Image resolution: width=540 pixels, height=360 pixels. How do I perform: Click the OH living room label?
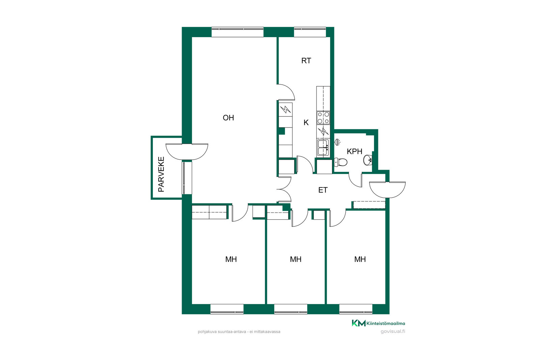[x=228, y=118]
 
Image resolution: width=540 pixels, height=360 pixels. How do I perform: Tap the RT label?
[x=306, y=61]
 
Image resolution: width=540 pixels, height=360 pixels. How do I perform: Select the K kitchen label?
[x=306, y=123]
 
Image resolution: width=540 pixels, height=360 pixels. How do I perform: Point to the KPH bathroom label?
[x=354, y=151]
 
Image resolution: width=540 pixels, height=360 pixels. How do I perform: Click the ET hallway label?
[x=323, y=190]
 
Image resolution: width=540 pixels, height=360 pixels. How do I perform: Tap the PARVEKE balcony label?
[x=161, y=174]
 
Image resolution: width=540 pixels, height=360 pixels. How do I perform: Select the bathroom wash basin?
[x=368, y=160]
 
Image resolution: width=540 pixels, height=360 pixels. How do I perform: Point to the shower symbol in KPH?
[x=337, y=142]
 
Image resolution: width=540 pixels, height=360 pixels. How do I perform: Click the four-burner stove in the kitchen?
[x=323, y=118]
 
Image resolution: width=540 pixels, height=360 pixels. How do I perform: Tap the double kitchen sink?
[x=323, y=148]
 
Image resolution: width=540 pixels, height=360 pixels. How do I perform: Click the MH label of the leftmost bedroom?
[x=231, y=259]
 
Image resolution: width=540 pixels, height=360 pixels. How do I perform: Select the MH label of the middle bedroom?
[x=296, y=259]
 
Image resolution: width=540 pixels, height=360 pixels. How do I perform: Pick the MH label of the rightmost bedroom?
[x=360, y=259]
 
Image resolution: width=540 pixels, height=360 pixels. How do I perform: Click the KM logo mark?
[x=359, y=323]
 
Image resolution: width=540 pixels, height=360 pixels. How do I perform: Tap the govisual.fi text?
[x=393, y=331]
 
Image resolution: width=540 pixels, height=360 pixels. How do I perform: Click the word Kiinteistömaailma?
[x=386, y=323]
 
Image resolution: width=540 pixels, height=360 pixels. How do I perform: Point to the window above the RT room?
[x=310, y=32]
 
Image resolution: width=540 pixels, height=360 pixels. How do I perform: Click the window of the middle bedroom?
[x=291, y=309]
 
